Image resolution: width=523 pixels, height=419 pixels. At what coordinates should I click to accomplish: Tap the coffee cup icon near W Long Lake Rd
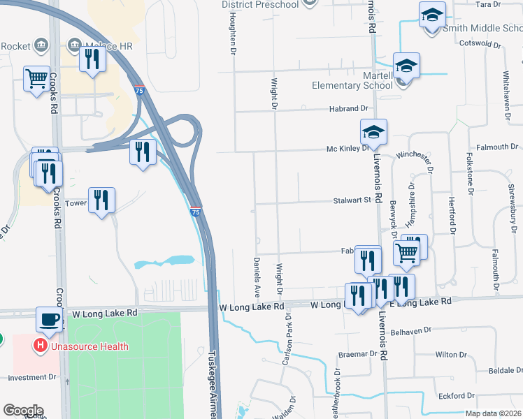(x=48, y=319)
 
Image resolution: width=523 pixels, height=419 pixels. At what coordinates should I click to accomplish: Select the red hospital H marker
(x=41, y=346)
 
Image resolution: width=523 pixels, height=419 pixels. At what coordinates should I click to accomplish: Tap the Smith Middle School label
(x=482, y=28)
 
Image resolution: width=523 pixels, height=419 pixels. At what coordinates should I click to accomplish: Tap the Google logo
(x=23, y=411)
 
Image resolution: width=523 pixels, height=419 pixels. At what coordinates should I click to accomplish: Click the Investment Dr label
(x=31, y=377)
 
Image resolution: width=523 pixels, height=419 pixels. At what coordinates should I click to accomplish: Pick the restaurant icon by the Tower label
(x=101, y=200)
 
